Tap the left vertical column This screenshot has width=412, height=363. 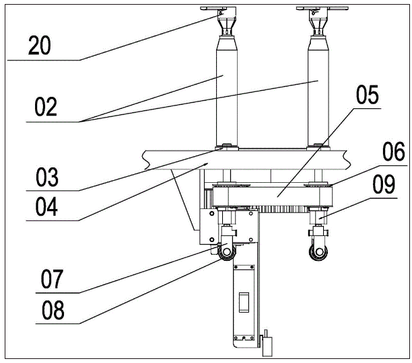click(x=226, y=94)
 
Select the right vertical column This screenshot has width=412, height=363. click(x=318, y=94)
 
